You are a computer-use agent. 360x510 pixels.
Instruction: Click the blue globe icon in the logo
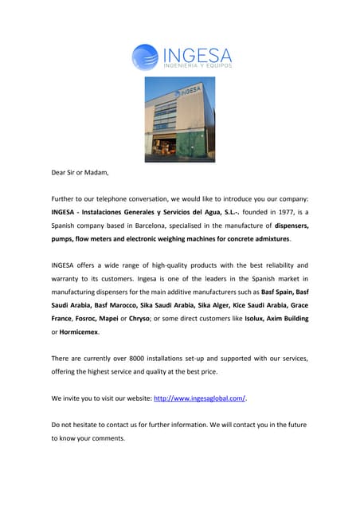[144, 57]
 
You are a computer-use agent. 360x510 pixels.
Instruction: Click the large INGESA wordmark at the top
[197, 55]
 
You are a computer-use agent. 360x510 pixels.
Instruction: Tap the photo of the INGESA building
[179, 119]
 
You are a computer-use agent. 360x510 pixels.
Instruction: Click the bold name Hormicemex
[78, 331]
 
